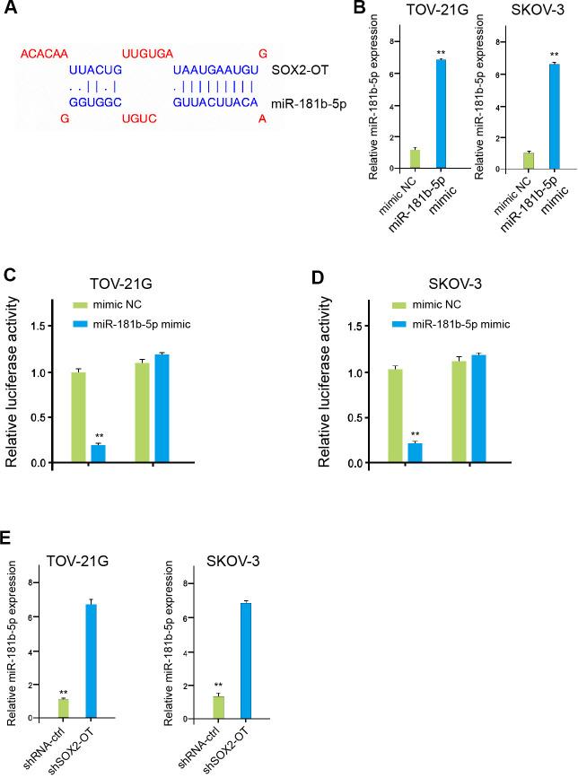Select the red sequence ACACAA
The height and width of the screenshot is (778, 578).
(x=45, y=55)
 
